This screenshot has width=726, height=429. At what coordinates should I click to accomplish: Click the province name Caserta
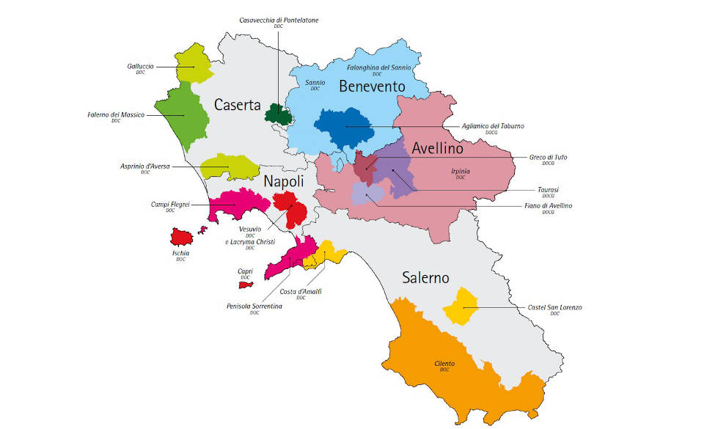pos(238,105)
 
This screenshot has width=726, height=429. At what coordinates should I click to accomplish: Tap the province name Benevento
pos(371,87)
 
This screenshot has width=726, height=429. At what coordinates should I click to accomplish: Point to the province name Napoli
pos(283,181)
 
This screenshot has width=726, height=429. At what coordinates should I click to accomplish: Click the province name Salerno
pos(425,277)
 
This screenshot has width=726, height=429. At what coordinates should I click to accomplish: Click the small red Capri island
pos(246,284)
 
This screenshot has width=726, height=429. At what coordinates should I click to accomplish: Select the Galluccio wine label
pos(140,66)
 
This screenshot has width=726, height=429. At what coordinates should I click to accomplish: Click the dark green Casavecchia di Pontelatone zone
pos(277,114)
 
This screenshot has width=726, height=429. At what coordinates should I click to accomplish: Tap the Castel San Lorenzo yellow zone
pos(463,306)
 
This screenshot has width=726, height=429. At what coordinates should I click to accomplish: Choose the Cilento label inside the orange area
pos(444,364)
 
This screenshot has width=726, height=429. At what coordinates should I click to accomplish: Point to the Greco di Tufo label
pos(549,157)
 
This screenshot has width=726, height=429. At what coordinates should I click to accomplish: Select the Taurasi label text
pos(548,190)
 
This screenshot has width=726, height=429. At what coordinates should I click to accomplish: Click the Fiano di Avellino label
pos(543,206)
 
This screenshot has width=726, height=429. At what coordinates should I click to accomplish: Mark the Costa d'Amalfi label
pos(301,292)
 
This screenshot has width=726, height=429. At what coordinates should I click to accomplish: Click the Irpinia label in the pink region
pos(461,171)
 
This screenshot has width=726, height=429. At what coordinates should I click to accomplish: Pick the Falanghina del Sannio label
pos(377,67)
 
